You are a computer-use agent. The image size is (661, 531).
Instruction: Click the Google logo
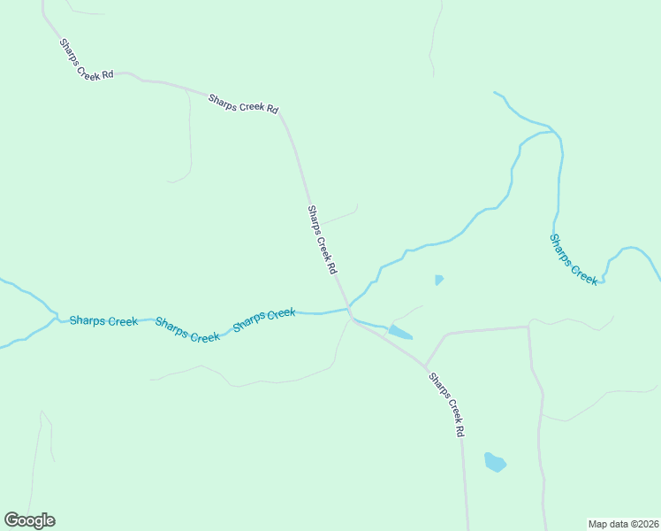pyautogui.click(x=29, y=520)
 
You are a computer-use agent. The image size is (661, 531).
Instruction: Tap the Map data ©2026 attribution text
pyautogui.click(x=623, y=524)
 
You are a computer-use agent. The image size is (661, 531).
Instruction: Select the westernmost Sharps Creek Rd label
pyautogui.click(x=87, y=59)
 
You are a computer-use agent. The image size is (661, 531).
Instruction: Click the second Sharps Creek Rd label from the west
pyautogui.click(x=243, y=104)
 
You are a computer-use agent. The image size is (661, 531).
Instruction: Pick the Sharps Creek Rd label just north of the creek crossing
pyautogui.click(x=323, y=239)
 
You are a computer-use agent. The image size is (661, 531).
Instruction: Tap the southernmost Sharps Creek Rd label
pyautogui.click(x=446, y=404)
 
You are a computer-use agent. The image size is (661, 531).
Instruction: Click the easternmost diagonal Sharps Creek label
pyautogui.click(x=574, y=258)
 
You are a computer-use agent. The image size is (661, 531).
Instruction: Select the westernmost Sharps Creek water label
pyautogui.click(x=103, y=321)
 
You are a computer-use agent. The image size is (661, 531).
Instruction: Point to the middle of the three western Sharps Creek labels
pyautogui.click(x=187, y=330)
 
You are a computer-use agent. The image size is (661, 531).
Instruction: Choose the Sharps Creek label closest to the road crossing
pyautogui.click(x=263, y=320)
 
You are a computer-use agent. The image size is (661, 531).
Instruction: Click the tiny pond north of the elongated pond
pyautogui.click(x=439, y=281)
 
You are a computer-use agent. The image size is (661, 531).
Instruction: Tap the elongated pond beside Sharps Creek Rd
pyautogui.click(x=399, y=333)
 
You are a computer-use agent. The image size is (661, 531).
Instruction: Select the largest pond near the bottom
pyautogui.click(x=495, y=462)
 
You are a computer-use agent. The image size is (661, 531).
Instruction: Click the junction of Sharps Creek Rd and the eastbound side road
pyautogui.click(x=426, y=366)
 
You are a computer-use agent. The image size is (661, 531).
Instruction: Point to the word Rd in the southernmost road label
pyautogui.click(x=459, y=431)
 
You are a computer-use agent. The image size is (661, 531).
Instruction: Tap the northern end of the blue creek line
pyautogui.click(x=496, y=92)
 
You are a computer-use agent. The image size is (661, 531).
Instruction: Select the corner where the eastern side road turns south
pyautogui.click(x=528, y=327)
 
